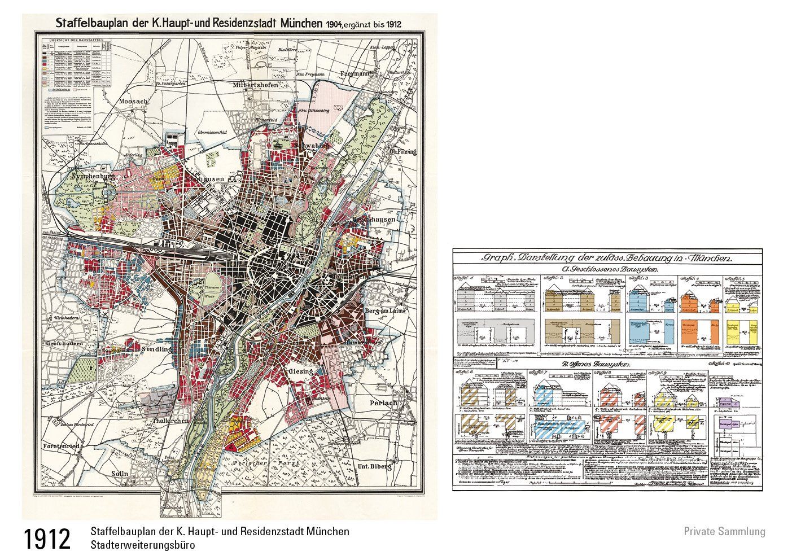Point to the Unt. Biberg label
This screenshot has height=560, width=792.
tap(370, 466)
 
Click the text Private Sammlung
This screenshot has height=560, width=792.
tap(724, 531)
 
